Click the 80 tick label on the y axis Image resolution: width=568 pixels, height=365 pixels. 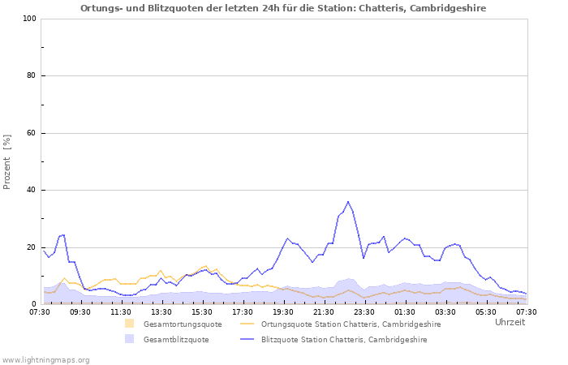click(x=31, y=76)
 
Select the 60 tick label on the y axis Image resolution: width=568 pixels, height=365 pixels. click(x=31, y=133)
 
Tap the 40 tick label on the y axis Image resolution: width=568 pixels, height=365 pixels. click(x=31, y=191)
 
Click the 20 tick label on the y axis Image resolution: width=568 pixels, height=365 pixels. click(x=31, y=247)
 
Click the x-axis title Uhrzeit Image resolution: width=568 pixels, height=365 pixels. click(x=510, y=322)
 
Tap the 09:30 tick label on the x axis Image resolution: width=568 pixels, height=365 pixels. click(x=80, y=311)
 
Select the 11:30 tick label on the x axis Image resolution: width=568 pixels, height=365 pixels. click(x=120, y=311)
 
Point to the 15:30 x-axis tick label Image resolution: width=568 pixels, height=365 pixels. click(x=201, y=311)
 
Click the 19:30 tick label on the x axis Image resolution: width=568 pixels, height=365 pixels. click(x=282, y=311)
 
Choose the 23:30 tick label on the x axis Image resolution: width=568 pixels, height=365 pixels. click(x=364, y=311)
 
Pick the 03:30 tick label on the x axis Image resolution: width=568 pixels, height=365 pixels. click(x=445, y=311)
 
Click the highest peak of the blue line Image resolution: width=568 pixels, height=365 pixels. click(x=348, y=202)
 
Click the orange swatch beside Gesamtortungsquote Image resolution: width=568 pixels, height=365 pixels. click(x=130, y=324)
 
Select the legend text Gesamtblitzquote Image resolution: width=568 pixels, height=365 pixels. click(x=176, y=340)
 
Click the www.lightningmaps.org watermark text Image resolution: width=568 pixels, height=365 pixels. click(x=46, y=359)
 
